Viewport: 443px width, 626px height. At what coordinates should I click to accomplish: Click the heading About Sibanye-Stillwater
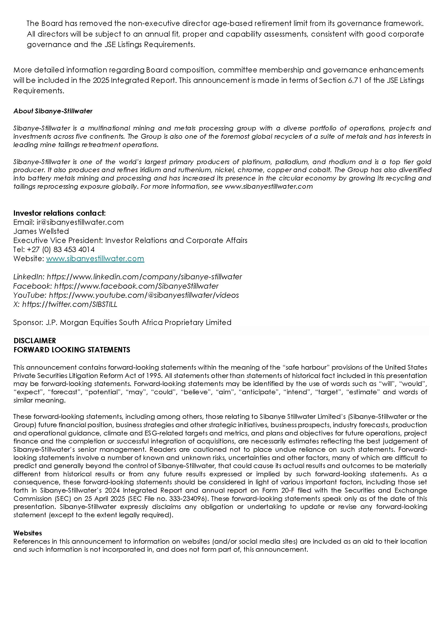(x=53, y=111)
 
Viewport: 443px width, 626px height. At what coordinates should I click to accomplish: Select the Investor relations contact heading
(x=59, y=213)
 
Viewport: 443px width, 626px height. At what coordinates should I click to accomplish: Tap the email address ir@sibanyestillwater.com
(x=80, y=222)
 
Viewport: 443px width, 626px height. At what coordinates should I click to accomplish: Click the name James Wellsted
(x=41, y=231)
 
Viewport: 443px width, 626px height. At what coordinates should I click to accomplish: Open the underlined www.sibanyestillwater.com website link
(x=95, y=258)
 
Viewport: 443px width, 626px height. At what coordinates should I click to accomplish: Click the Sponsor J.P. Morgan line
(x=122, y=322)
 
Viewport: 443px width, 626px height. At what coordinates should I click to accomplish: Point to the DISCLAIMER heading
(x=35, y=341)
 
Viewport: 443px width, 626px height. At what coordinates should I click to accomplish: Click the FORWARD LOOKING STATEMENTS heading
(x=72, y=350)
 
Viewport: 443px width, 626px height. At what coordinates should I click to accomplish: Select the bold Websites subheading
(x=28, y=533)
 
